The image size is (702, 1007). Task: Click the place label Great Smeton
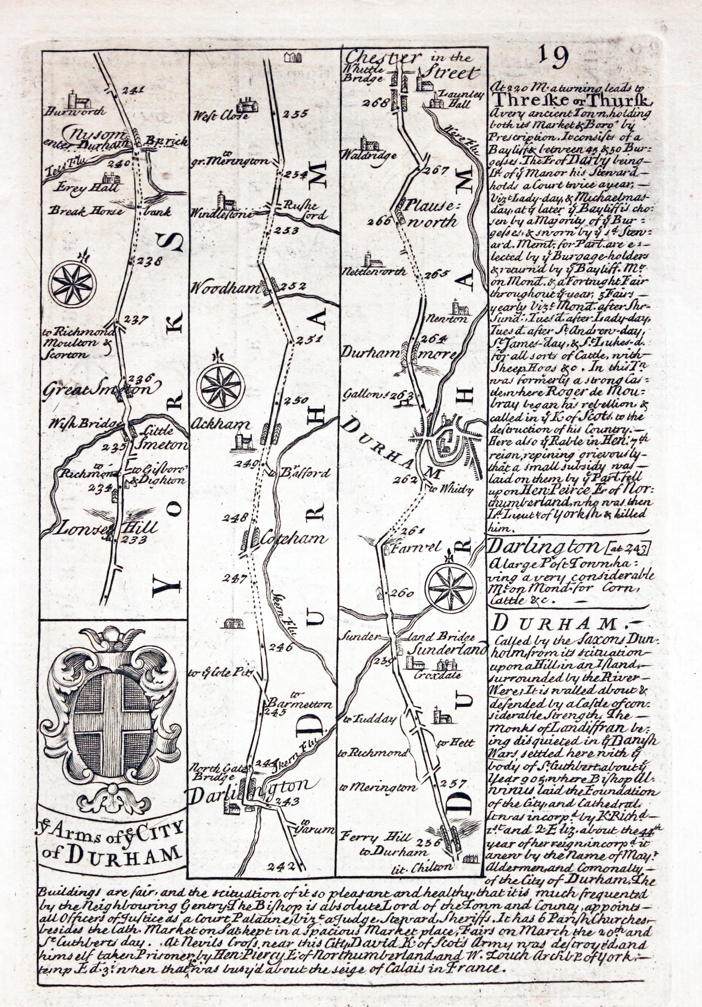point(101,389)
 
